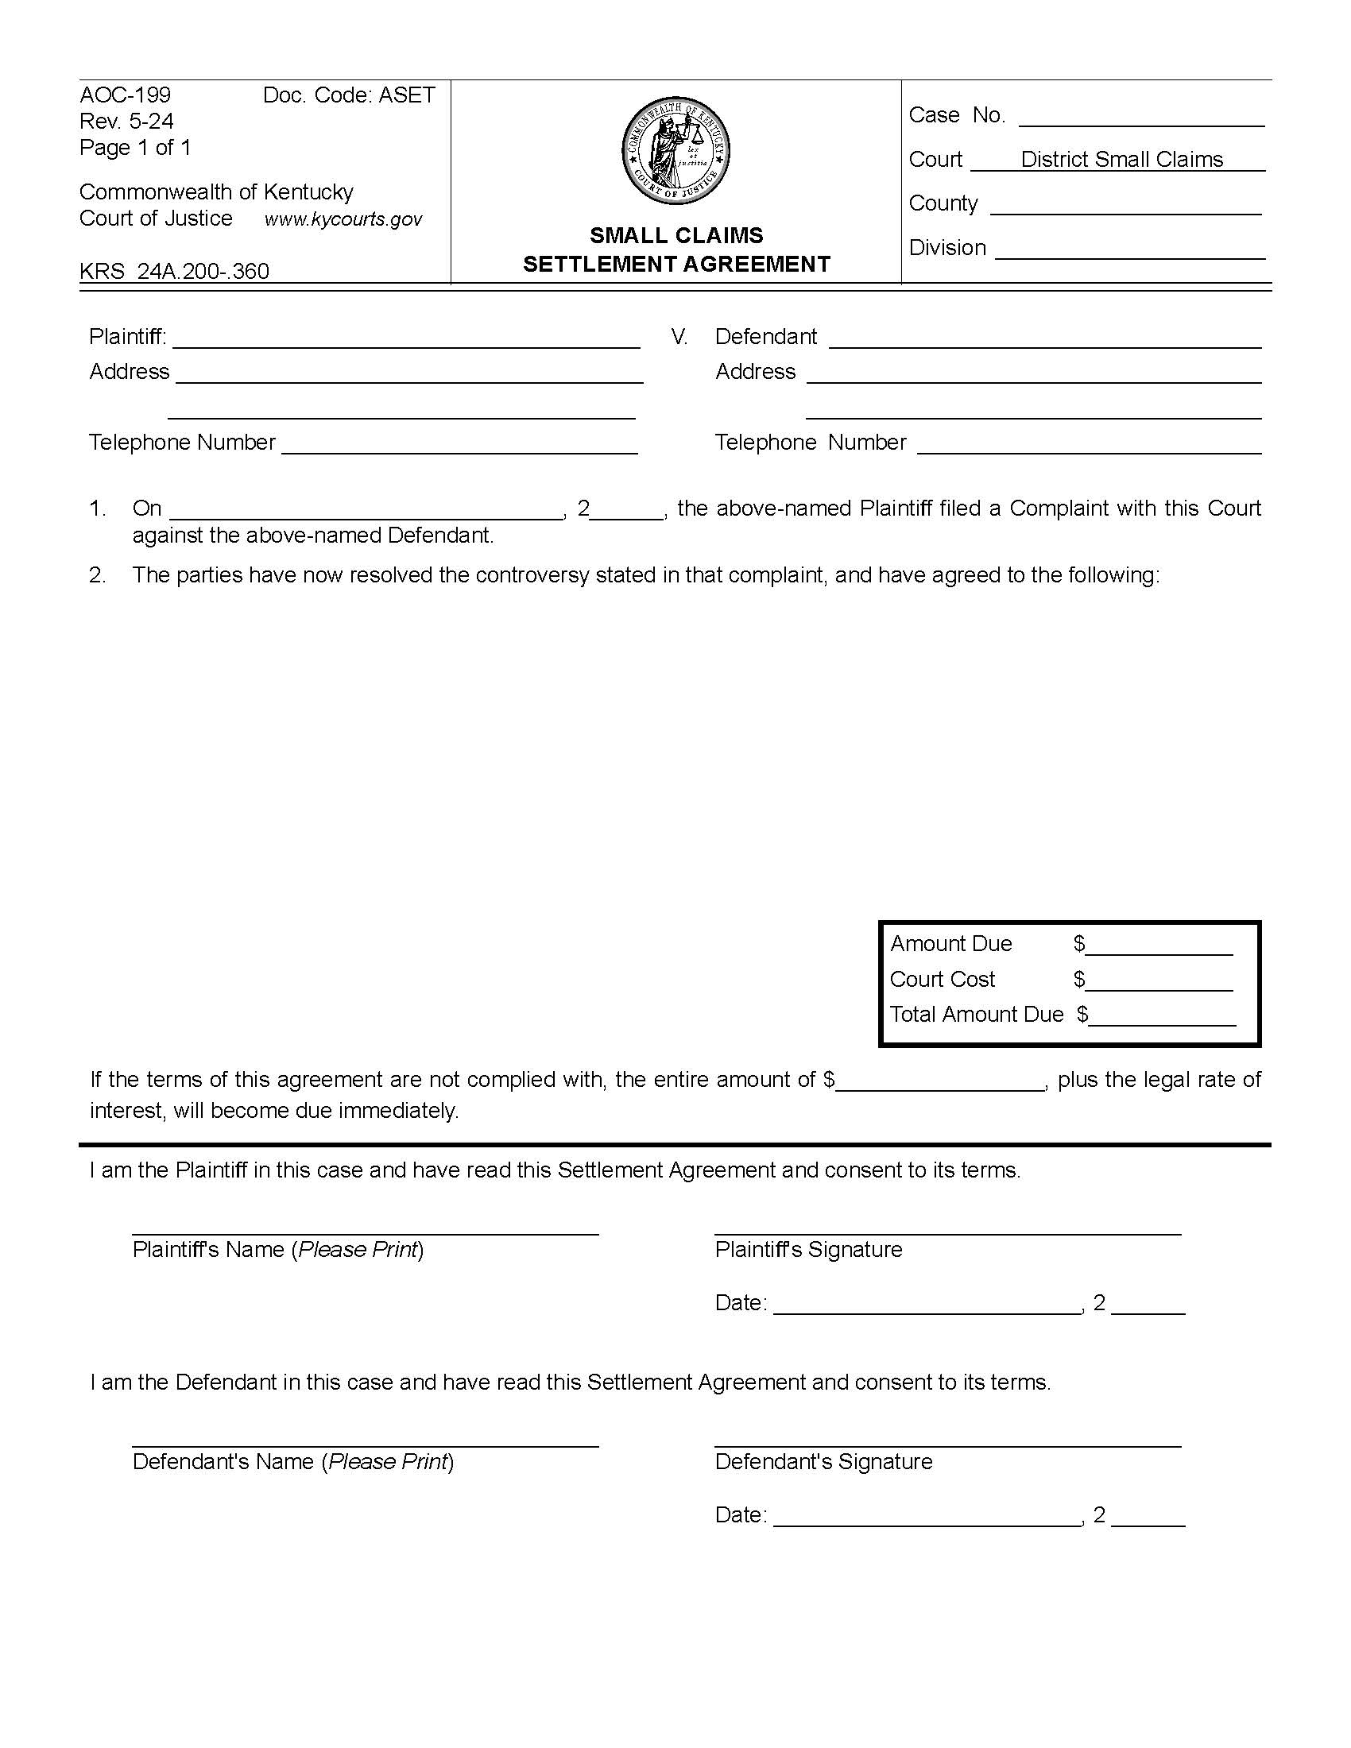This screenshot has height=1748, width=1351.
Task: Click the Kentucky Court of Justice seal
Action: tap(675, 151)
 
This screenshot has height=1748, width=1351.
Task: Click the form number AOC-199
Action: tap(125, 95)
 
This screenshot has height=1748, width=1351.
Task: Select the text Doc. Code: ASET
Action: tap(349, 95)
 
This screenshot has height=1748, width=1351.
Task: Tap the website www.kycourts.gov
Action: tap(343, 219)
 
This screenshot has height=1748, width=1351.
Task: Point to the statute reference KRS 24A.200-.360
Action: tap(175, 271)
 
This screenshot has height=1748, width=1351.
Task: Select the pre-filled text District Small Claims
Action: tap(1121, 159)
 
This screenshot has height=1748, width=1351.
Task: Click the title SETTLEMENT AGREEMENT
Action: tap(676, 264)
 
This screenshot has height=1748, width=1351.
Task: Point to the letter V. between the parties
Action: tap(679, 337)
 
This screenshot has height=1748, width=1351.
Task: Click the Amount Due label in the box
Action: tap(950, 944)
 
